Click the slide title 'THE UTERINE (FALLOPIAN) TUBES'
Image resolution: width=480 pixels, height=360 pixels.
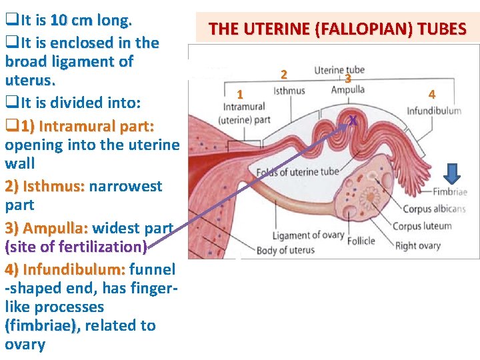click(337, 29)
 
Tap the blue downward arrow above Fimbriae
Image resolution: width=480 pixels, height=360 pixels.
click(451, 174)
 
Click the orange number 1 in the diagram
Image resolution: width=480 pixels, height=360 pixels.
click(241, 93)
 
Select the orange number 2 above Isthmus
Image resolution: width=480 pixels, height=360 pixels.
click(284, 73)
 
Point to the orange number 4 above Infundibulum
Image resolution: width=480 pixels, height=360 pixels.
click(431, 95)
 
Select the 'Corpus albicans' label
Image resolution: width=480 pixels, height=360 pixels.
click(434, 209)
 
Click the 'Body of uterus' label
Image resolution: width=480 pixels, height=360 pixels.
click(285, 250)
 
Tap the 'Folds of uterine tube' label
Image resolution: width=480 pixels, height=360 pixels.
click(297, 172)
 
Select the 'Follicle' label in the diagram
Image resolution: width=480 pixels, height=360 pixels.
click(361, 240)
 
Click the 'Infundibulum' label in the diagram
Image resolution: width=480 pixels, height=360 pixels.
click(434, 111)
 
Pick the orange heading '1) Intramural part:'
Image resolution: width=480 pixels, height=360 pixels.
click(88, 126)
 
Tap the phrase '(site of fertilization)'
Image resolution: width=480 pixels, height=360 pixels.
click(76, 247)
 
